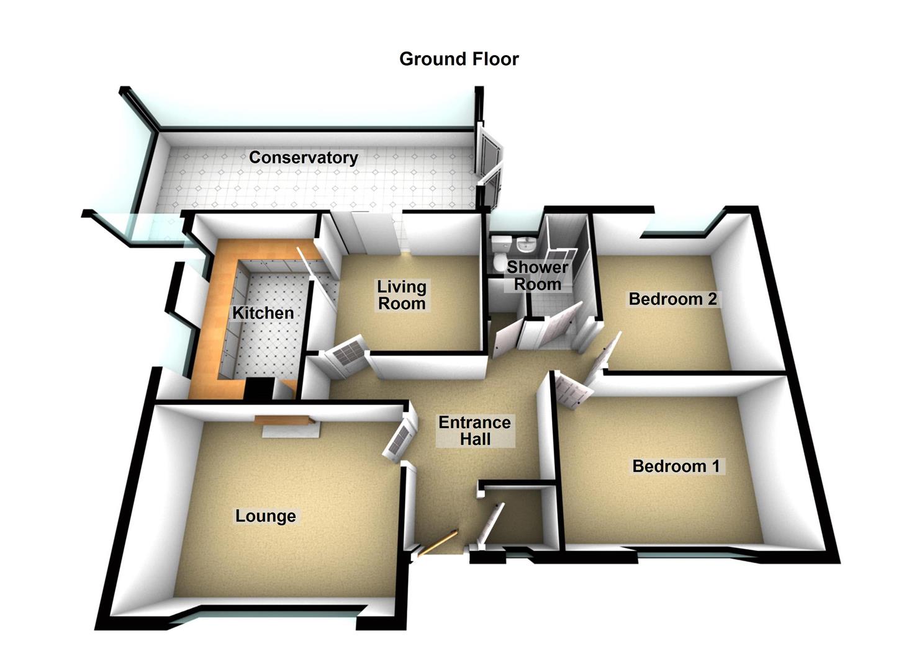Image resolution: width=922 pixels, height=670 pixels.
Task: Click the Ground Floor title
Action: point(459,59)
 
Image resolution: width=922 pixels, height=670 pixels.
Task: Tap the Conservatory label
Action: point(303,158)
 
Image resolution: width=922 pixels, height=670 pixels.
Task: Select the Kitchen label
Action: point(263,313)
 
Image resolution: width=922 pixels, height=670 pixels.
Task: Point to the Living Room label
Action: point(402,295)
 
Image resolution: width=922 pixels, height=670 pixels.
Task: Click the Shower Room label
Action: point(537,276)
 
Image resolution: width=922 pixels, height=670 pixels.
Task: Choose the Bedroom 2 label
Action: point(672,299)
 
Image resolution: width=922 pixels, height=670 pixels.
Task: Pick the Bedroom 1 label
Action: point(676,466)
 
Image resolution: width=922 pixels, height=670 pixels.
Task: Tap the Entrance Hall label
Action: point(474,431)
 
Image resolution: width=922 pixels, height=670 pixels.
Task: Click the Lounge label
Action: point(265,516)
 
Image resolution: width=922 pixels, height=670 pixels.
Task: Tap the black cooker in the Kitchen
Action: point(259,389)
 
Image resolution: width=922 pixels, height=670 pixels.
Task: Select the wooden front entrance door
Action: point(438,542)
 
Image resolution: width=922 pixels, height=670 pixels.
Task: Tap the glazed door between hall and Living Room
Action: point(346,357)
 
